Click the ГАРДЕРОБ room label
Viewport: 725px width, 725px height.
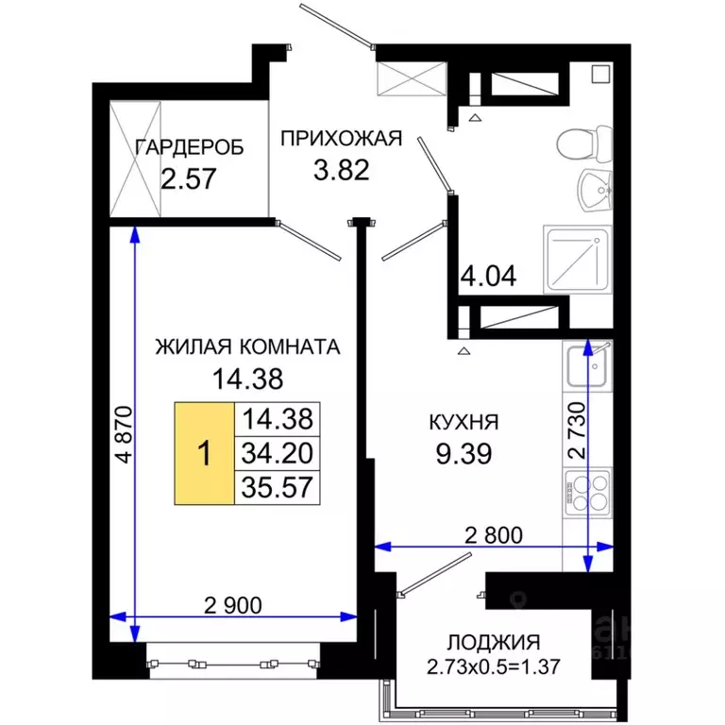tap(190, 147)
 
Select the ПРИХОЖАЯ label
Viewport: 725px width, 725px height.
tap(341, 139)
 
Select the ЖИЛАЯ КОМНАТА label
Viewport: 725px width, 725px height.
tap(247, 346)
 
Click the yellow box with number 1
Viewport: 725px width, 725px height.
tap(203, 452)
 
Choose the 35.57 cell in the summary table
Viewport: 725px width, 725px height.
tap(277, 485)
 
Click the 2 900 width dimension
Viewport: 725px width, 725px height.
tap(233, 603)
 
